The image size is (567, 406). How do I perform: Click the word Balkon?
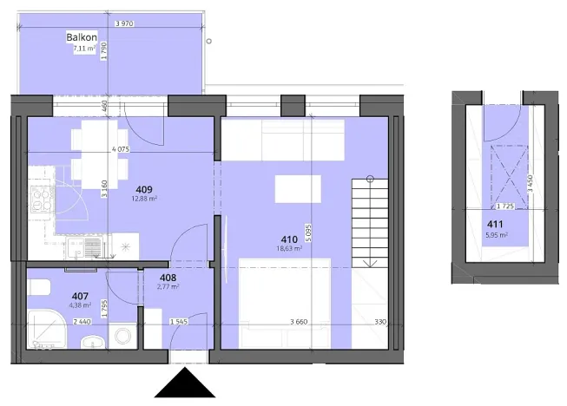[x=81, y=37]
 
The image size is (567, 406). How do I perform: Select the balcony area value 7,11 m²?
[x=83, y=49]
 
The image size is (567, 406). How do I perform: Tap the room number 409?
[x=144, y=188]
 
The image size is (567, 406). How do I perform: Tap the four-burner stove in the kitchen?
[x=41, y=200]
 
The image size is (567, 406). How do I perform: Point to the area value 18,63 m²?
[x=288, y=248]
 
